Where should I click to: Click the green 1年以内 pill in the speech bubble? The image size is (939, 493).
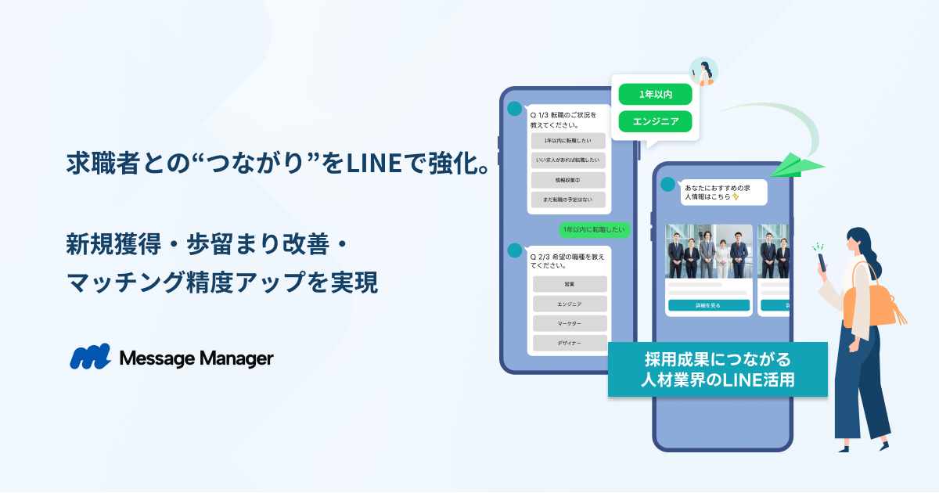655,94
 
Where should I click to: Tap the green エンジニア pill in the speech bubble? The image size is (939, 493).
655,121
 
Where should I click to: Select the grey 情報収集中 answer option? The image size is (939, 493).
569,180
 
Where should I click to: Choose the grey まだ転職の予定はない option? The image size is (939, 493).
569,200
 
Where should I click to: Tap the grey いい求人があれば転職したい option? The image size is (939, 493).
569,160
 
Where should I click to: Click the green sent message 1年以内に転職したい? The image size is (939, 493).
594,229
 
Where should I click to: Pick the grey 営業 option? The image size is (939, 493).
570,284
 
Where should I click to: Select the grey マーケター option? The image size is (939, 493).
570,323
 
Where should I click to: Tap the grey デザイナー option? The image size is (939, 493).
570,343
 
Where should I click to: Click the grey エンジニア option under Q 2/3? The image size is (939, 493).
570,304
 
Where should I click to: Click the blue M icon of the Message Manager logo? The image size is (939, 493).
90,357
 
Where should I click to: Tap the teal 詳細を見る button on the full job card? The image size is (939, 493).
709,305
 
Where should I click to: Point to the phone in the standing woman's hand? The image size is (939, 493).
822,261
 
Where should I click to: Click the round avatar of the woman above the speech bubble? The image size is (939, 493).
703,71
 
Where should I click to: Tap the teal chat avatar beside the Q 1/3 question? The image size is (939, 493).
514,109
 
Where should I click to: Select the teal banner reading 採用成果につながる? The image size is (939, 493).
718,369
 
